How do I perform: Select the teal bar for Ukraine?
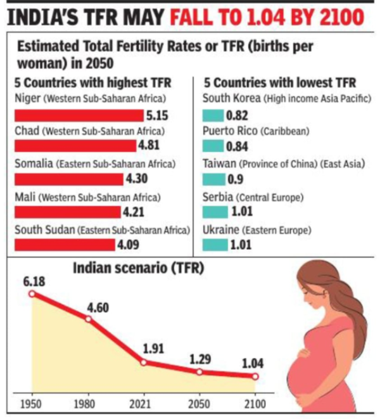pos(215,243)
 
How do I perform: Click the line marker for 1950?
pos(32,294)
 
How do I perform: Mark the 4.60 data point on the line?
pos(88,319)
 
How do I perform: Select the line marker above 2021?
pos(144,362)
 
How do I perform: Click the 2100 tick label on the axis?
pos(255,404)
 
